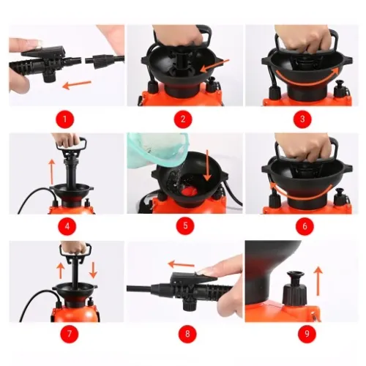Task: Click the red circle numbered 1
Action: pyautogui.click(x=64, y=119)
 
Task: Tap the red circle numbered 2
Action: pyautogui.click(x=183, y=119)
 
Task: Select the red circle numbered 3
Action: pyautogui.click(x=302, y=119)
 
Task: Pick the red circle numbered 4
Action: pyautogui.click(x=67, y=226)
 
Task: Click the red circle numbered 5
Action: pyautogui.click(x=185, y=225)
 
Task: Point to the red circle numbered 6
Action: pyautogui.click(x=305, y=226)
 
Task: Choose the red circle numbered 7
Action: pyautogui.click(x=69, y=334)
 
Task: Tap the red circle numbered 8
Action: pyautogui.click(x=187, y=334)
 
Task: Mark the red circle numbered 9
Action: pyautogui.click(x=307, y=334)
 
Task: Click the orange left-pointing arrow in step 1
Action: pyautogui.click(x=77, y=84)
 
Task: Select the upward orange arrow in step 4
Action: pyautogui.click(x=51, y=171)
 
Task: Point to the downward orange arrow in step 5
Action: pyautogui.click(x=207, y=165)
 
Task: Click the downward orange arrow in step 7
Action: pyautogui.click(x=93, y=270)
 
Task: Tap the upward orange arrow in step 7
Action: pyautogui.click(x=61, y=271)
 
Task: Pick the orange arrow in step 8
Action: pyautogui.click(x=181, y=264)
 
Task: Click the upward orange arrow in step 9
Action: pyautogui.click(x=318, y=281)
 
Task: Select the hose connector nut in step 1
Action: pyautogui.click(x=94, y=61)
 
